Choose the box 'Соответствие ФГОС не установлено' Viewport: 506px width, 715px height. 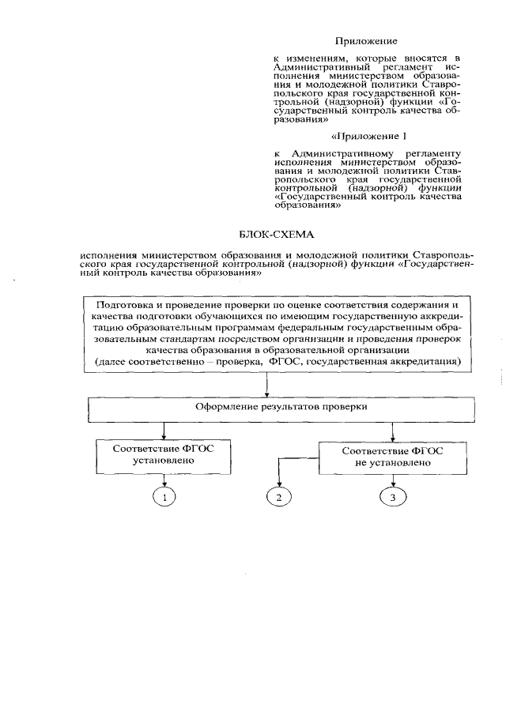[x=393, y=456]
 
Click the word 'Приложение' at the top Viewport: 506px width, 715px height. [x=364, y=40]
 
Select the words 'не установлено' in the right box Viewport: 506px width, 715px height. [x=393, y=463]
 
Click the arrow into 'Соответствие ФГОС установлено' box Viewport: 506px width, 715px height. [x=164, y=431]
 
